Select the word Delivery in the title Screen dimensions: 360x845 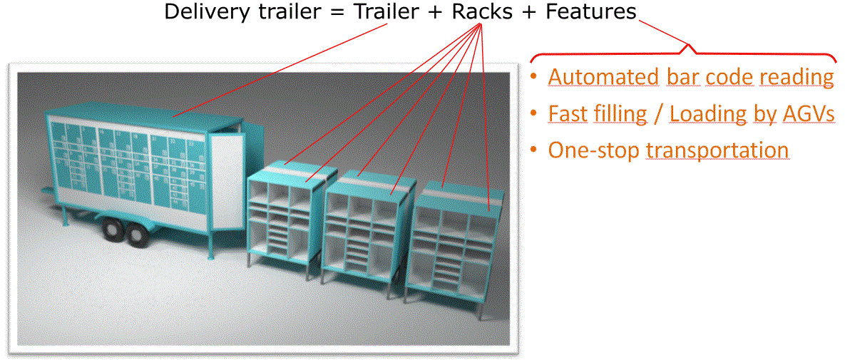point(203,12)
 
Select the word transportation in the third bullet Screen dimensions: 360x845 point(717,150)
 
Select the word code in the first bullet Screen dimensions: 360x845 point(729,77)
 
